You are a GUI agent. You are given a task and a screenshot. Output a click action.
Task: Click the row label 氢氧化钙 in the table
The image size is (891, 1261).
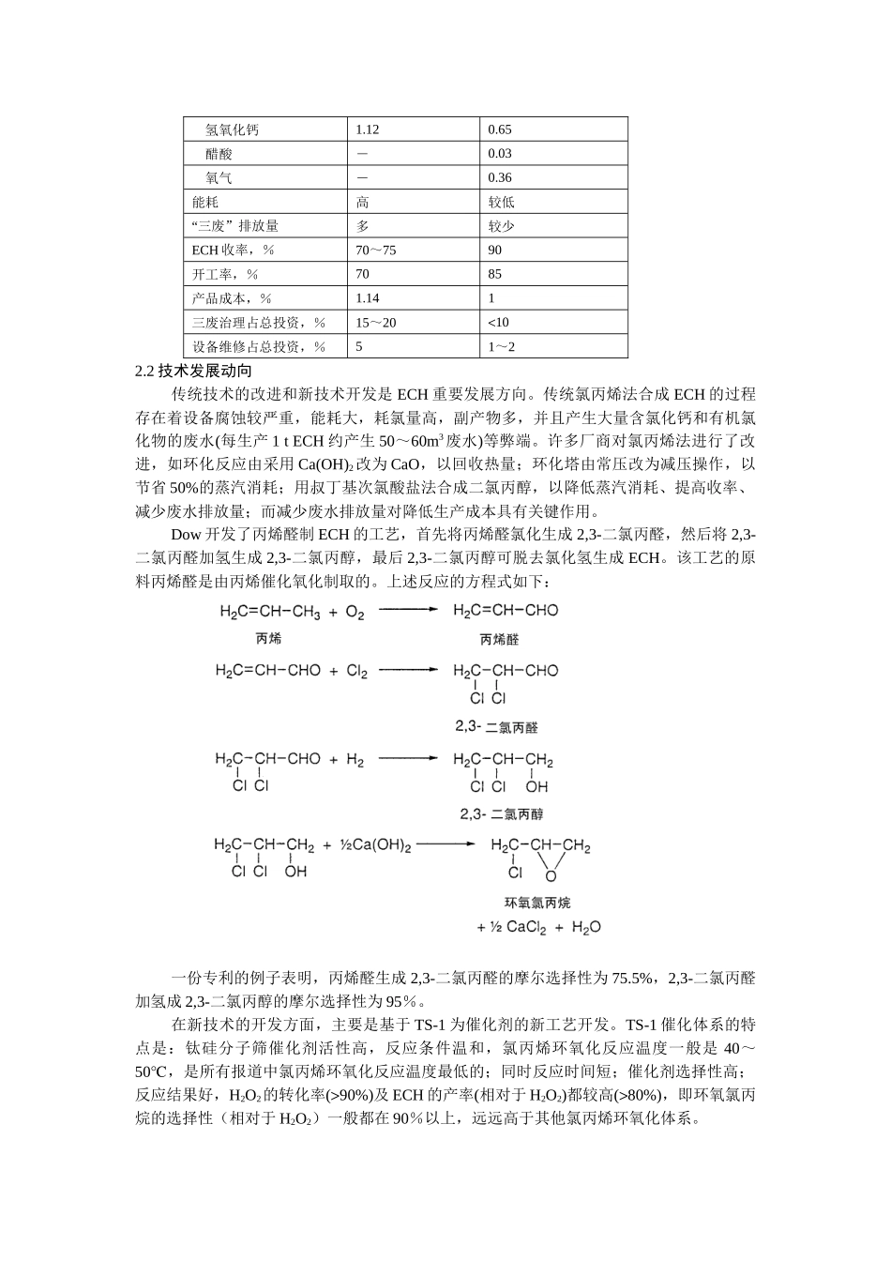click(232, 129)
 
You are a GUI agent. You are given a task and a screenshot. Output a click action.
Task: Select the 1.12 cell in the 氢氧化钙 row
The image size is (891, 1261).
click(368, 129)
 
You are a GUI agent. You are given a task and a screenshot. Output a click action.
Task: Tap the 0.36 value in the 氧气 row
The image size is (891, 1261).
click(500, 177)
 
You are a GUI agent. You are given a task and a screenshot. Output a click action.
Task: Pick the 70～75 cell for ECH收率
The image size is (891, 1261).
click(376, 250)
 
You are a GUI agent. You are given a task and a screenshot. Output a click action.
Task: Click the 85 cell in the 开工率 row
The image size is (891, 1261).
click(495, 274)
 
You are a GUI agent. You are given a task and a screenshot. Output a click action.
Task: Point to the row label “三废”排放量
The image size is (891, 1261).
click(234, 226)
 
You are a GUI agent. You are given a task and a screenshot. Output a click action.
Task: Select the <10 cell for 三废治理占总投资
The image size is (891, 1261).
click(498, 322)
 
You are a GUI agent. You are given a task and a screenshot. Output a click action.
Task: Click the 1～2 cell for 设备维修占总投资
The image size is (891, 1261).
click(502, 346)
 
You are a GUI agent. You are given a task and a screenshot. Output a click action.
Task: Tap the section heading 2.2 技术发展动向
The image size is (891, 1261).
click(193, 371)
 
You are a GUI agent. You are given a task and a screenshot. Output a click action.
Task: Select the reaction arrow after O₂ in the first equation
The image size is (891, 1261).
click(408, 610)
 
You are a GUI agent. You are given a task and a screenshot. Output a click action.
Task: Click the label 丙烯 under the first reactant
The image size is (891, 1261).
click(268, 639)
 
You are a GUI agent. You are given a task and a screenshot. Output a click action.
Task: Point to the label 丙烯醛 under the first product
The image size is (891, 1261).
click(499, 639)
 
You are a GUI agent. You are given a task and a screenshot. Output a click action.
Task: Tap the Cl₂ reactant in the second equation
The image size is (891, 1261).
click(357, 671)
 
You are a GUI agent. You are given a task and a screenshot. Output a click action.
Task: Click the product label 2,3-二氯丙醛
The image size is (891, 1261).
click(497, 727)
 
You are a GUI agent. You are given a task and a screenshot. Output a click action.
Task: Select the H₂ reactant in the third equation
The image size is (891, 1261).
click(355, 760)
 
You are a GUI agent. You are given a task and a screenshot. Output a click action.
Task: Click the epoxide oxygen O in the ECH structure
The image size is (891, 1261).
click(551, 876)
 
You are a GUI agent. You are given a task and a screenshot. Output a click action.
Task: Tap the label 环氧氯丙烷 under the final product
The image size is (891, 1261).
click(537, 903)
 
